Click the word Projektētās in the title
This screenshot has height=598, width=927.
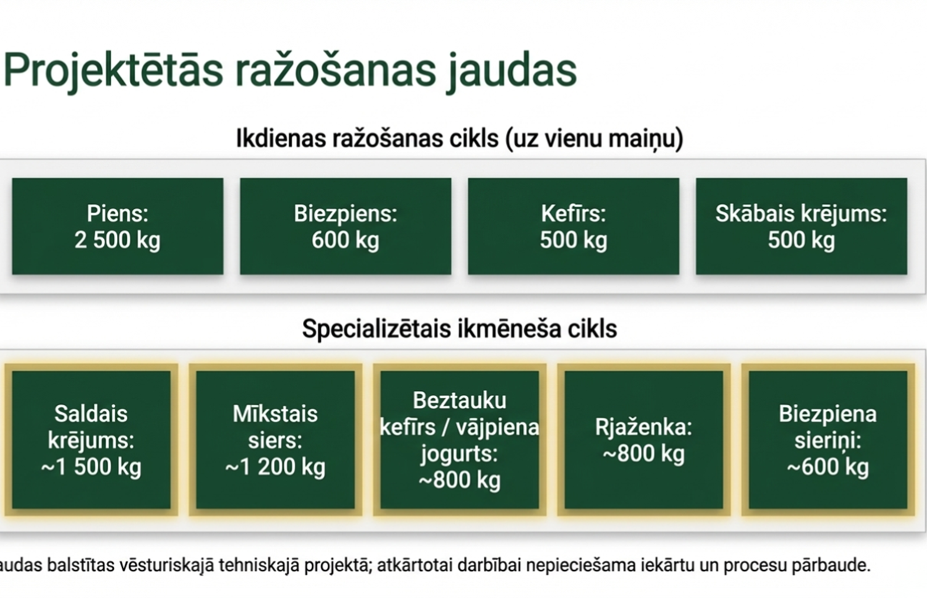[113, 70]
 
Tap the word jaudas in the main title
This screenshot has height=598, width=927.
[511, 70]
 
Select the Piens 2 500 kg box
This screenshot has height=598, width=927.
[117, 226]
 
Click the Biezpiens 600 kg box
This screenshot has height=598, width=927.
[345, 226]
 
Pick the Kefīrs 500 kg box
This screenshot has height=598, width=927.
[574, 226]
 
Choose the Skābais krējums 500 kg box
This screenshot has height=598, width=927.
[802, 226]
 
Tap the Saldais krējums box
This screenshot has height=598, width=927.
[91, 440]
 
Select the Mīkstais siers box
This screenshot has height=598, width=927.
[275, 440]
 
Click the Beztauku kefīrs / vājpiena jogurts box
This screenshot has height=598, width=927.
[459, 440]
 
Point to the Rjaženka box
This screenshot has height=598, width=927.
[643, 440]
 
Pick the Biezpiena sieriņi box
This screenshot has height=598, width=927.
[828, 440]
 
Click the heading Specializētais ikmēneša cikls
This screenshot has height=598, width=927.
[459, 329]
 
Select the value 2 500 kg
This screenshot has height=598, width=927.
[117, 240]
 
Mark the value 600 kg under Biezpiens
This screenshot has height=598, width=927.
[345, 240]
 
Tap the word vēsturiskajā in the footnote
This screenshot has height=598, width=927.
[166, 565]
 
